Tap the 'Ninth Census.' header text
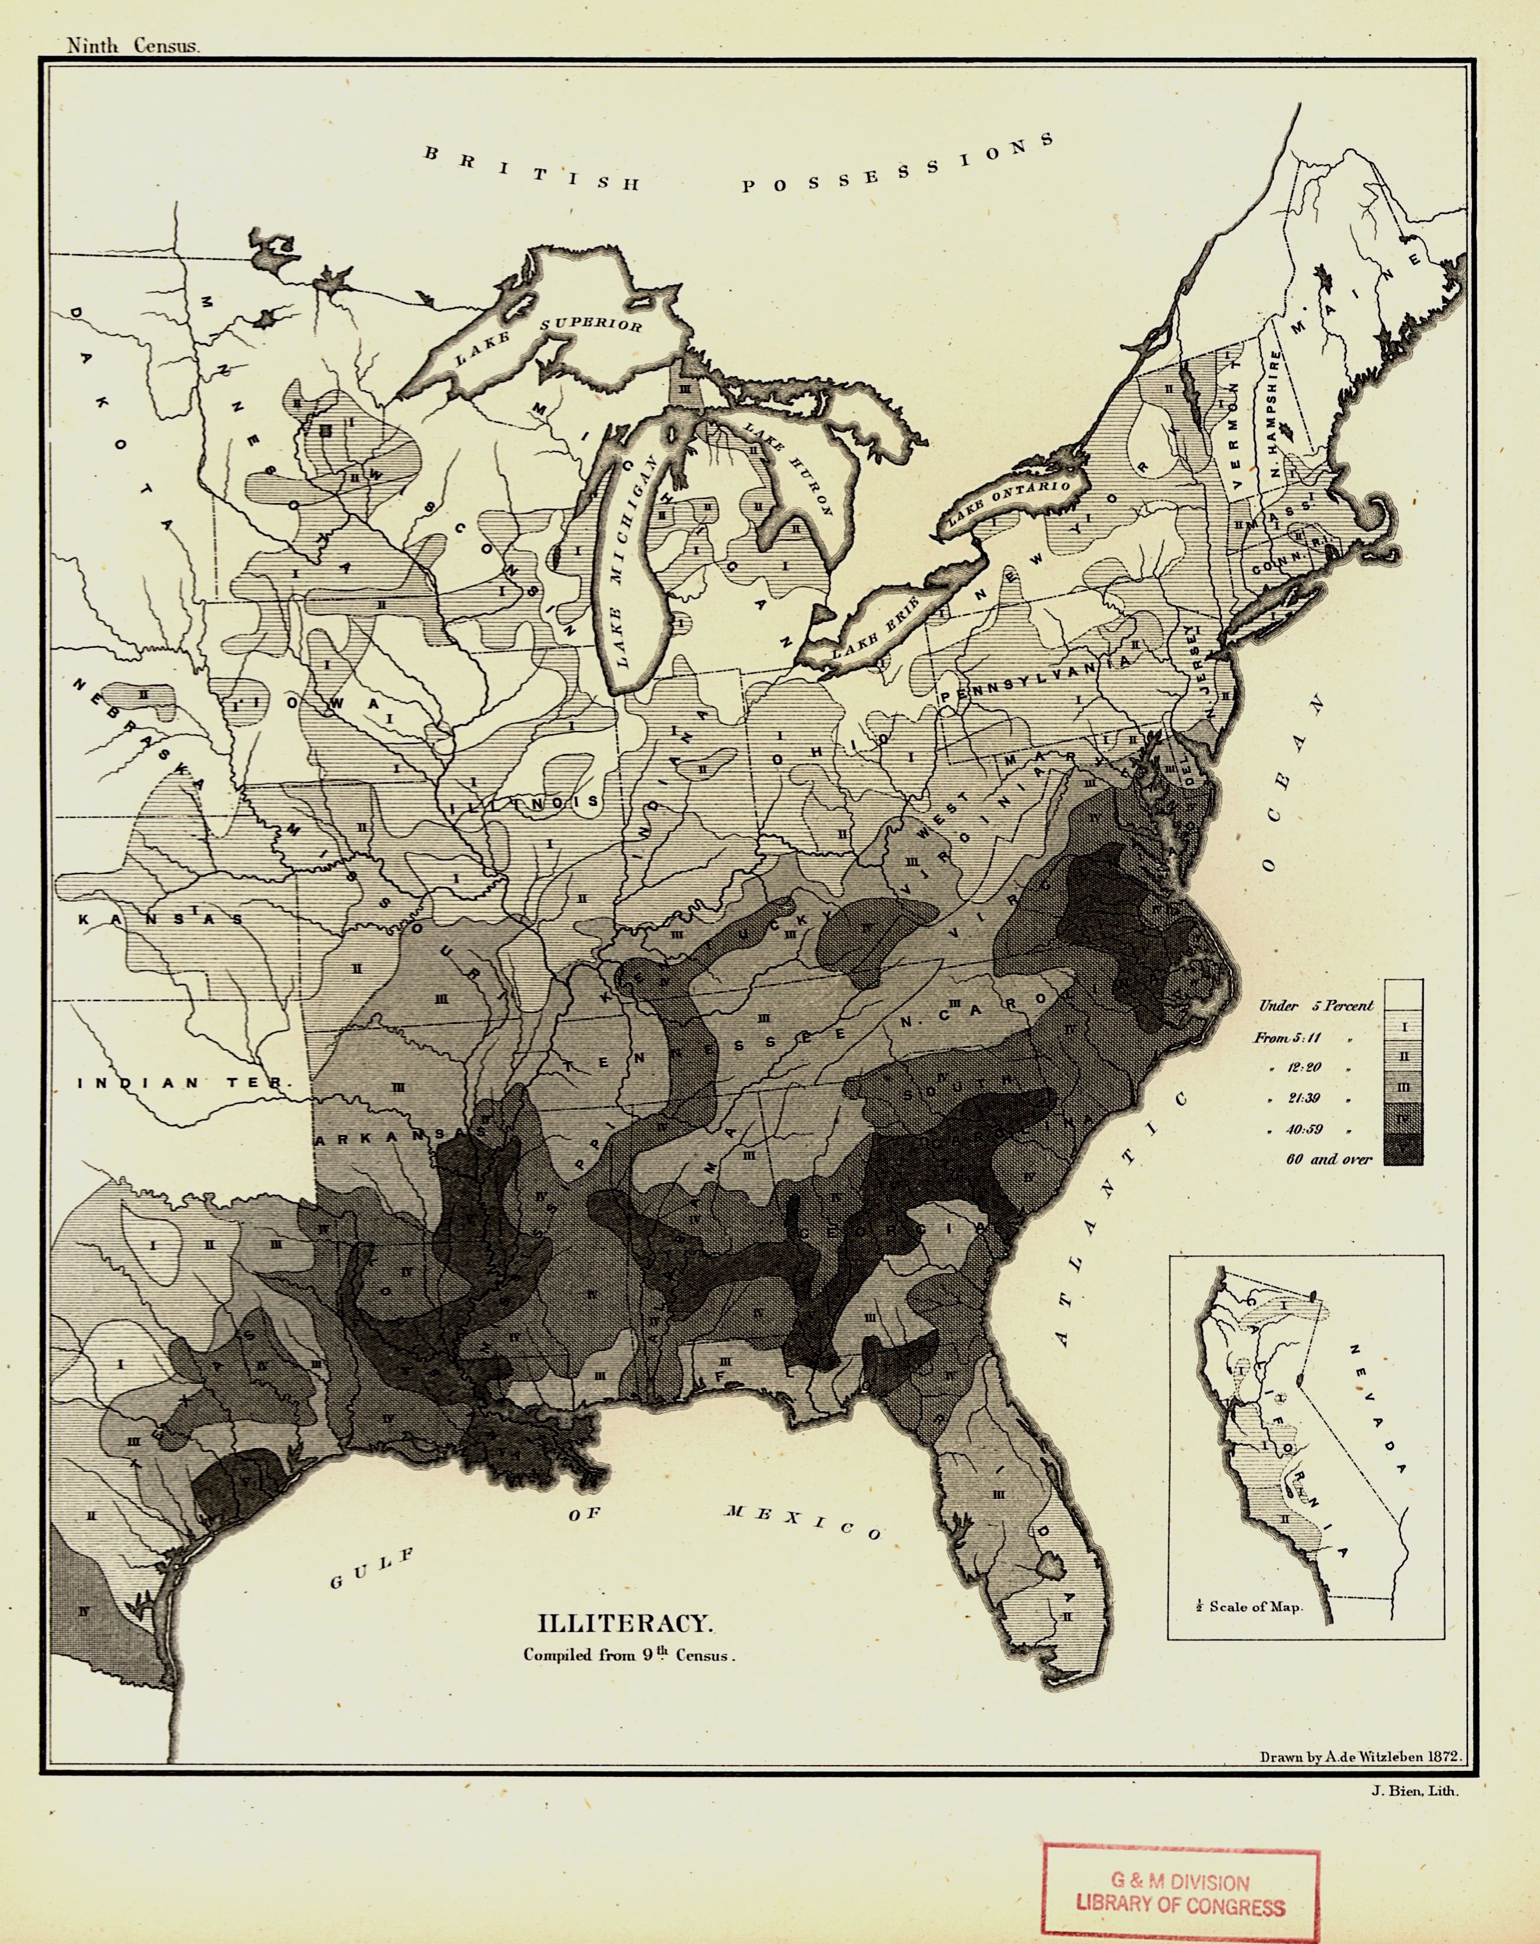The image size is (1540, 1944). click(132, 47)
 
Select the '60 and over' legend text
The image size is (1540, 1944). click(1328, 1159)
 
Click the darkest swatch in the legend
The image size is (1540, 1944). click(1403, 1150)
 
